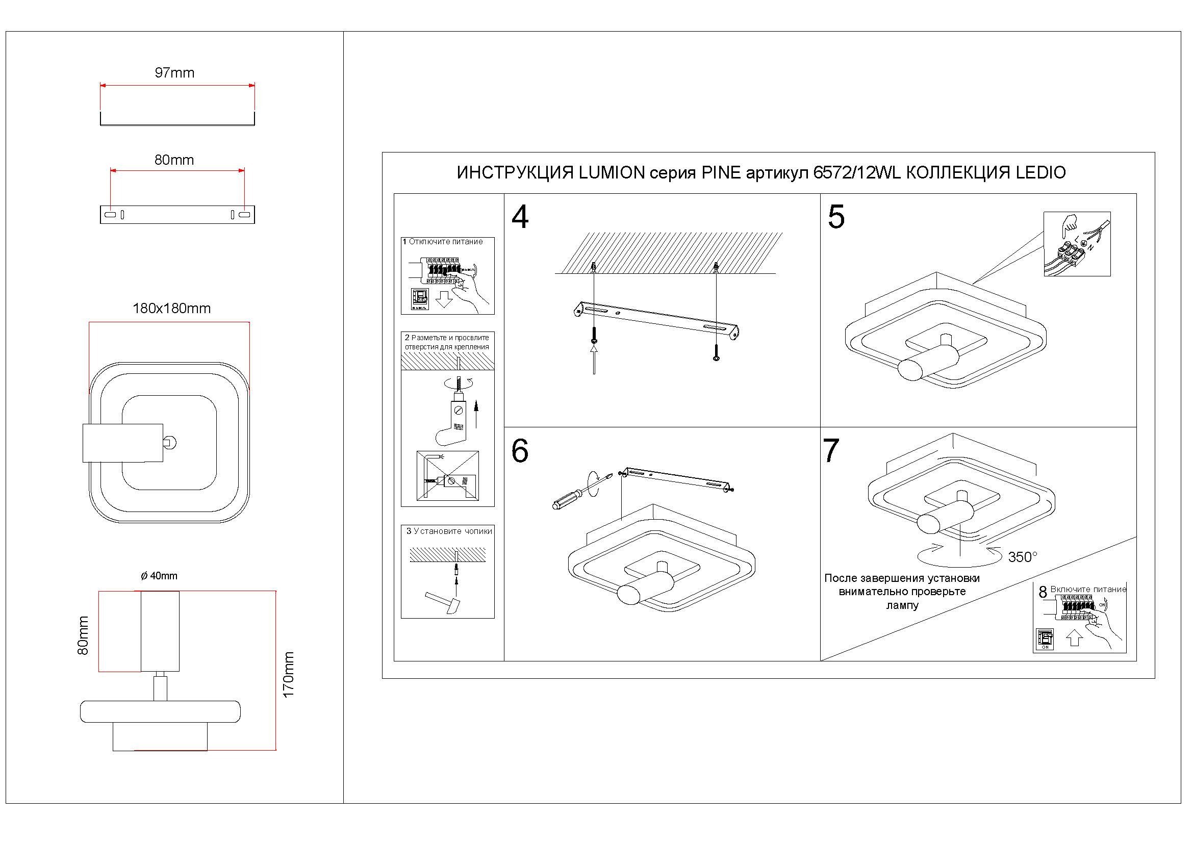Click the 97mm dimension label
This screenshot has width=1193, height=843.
pos(174,73)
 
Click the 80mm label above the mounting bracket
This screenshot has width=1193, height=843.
pos(174,160)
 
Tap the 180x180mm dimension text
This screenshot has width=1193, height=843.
pos(171,309)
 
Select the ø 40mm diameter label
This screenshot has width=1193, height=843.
pos(159,576)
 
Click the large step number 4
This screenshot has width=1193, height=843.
pos(520,218)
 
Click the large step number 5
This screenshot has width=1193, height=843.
pos(836,217)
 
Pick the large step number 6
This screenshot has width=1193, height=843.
pos(520,451)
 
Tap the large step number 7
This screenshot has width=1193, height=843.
pos(831,451)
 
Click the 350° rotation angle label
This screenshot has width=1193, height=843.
pos(1023,557)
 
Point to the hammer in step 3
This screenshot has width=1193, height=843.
pos(443,602)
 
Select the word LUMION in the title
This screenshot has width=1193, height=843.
pos(612,173)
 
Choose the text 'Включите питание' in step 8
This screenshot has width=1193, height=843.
pos(1088,590)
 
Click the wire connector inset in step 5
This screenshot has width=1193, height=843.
pos(1077,244)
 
